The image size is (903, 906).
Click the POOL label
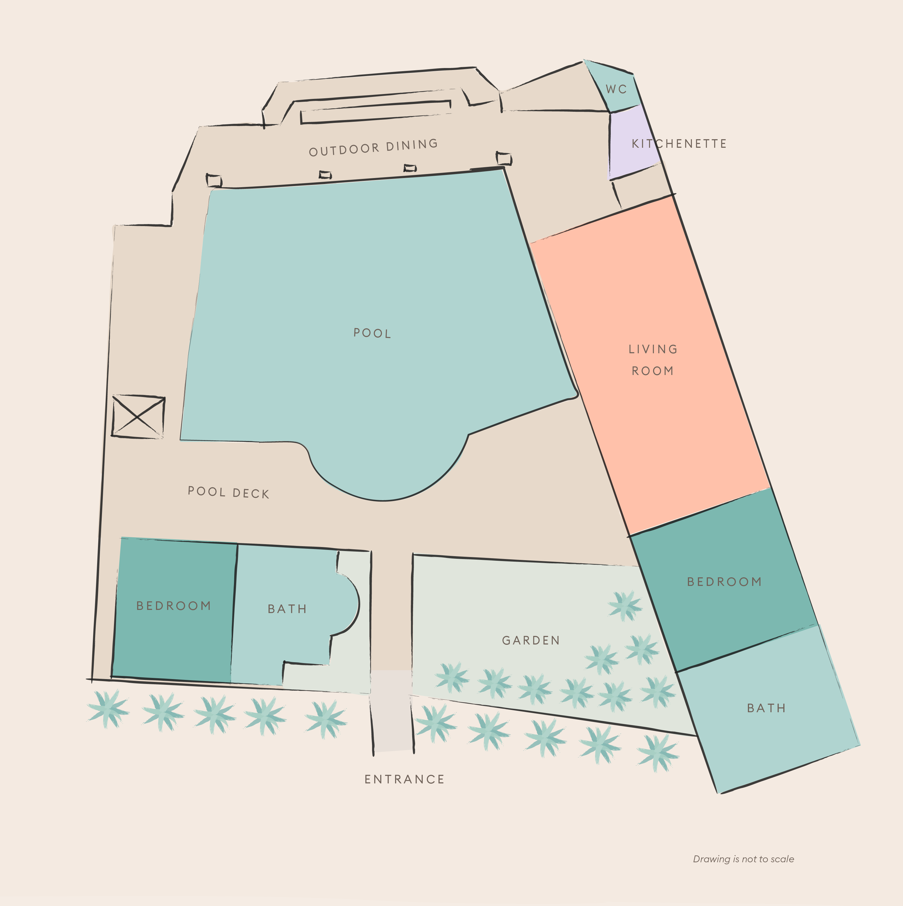[x=372, y=333]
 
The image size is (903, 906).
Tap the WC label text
[x=616, y=89]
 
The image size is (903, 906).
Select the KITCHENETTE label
[x=679, y=143]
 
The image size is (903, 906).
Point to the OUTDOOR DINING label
[x=373, y=147]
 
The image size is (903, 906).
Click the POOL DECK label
[x=228, y=492]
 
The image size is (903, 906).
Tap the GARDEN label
[x=531, y=640]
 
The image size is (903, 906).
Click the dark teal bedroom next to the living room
[x=724, y=582]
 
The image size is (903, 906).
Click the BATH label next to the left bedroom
[x=287, y=609]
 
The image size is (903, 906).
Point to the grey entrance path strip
[x=392, y=711]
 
